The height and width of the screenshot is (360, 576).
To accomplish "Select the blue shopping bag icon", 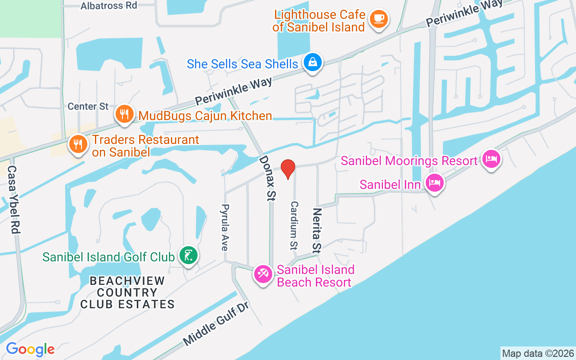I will [x=312, y=63].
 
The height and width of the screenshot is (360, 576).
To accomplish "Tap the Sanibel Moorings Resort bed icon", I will [x=491, y=159].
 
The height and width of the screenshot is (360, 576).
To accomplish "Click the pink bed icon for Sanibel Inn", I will [x=435, y=183].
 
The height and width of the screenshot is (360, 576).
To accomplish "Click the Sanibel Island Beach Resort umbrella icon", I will [x=263, y=274].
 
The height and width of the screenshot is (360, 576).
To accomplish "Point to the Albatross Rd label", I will [x=109, y=5].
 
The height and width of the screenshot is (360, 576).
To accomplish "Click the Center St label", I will [x=88, y=107].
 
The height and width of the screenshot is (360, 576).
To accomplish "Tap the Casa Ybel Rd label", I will [x=13, y=200].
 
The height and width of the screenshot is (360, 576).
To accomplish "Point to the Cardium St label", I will [x=294, y=225].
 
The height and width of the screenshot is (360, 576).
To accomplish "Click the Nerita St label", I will [x=317, y=230].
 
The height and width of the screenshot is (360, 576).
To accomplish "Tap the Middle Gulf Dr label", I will [x=216, y=324].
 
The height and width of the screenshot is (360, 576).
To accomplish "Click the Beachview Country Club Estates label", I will [x=127, y=292].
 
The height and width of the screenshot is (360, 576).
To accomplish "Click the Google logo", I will [x=30, y=349].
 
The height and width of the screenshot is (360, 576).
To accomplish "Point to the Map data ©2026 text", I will [x=538, y=353].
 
